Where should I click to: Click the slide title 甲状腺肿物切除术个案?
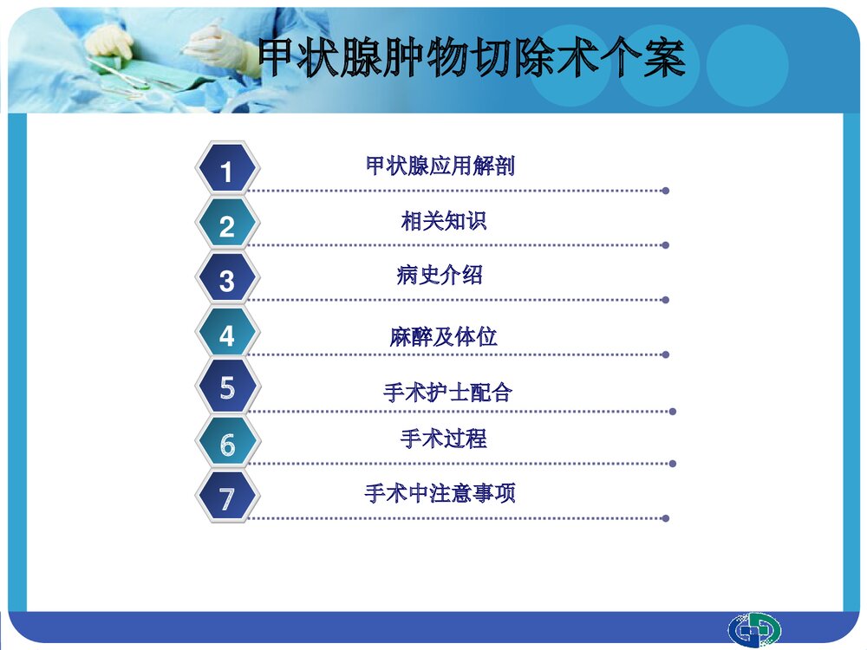(x=473, y=59)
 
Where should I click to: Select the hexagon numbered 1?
(x=227, y=170)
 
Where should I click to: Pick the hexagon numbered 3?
(x=227, y=279)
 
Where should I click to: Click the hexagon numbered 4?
(x=227, y=334)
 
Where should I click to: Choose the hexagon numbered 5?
(x=227, y=387)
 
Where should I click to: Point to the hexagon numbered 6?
(x=227, y=443)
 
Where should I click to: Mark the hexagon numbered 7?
(x=227, y=497)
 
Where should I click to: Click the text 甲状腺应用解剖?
(x=440, y=166)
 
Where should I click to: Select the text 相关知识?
(x=444, y=221)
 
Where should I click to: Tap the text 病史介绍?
(x=440, y=276)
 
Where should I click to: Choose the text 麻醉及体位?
(x=444, y=337)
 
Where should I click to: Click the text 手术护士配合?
(x=448, y=393)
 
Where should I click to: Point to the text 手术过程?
(x=444, y=439)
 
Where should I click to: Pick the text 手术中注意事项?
(x=440, y=494)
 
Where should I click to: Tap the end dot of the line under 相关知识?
(x=665, y=245)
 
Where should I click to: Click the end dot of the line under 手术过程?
(x=673, y=464)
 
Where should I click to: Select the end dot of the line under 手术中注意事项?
(x=665, y=518)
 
